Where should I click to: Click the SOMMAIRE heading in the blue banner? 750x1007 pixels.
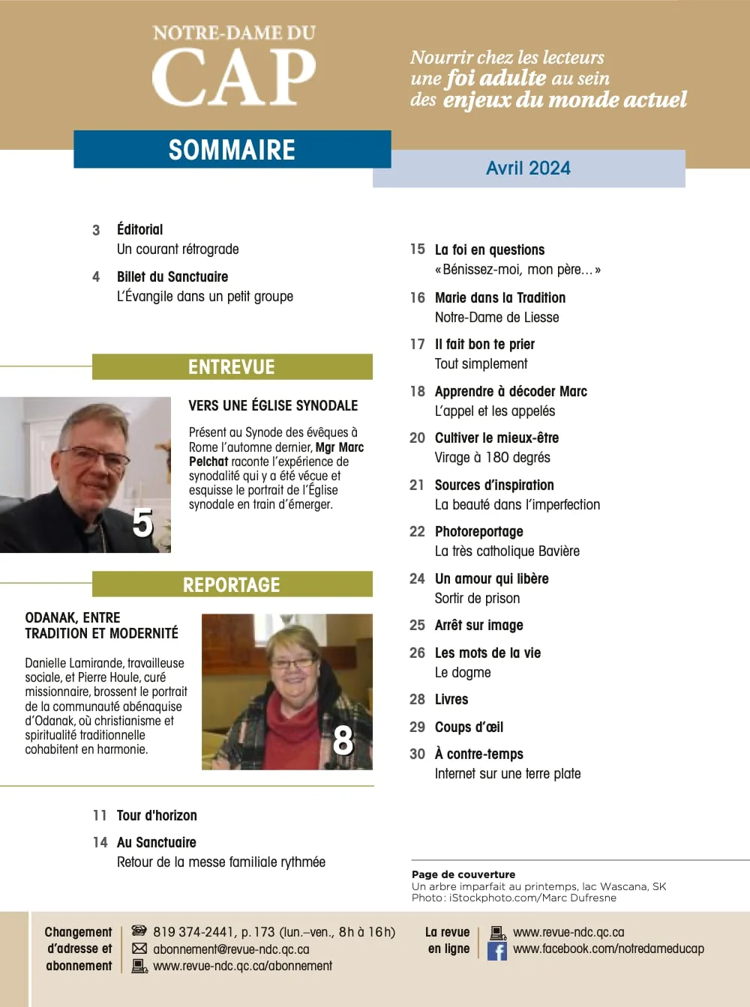pyautogui.click(x=232, y=150)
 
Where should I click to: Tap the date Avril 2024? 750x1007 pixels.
pyautogui.click(x=528, y=169)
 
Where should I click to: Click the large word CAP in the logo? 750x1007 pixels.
pyautogui.click(x=234, y=77)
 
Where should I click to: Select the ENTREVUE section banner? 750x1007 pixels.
pyautogui.click(x=232, y=367)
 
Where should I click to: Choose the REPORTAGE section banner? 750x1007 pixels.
pyautogui.click(x=232, y=585)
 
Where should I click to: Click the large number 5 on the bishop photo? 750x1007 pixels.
pyautogui.click(x=142, y=523)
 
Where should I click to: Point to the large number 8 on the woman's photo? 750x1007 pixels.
pyautogui.click(x=343, y=740)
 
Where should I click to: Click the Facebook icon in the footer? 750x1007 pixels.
pyautogui.click(x=496, y=951)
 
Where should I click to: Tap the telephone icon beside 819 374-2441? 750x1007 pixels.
pyautogui.click(x=139, y=931)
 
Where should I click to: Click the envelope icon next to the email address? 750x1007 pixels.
pyautogui.click(x=139, y=949)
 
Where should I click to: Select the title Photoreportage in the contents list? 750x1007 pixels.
pyautogui.click(x=478, y=532)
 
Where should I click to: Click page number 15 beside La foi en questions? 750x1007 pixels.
pyautogui.click(x=417, y=250)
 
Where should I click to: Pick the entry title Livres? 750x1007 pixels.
pyautogui.click(x=451, y=700)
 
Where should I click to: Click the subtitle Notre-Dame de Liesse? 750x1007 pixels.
pyautogui.click(x=496, y=318)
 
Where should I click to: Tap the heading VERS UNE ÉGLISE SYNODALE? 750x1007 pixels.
pyautogui.click(x=273, y=406)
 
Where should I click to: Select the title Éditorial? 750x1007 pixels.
pyautogui.click(x=139, y=230)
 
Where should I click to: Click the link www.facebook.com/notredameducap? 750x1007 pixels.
pyautogui.click(x=608, y=949)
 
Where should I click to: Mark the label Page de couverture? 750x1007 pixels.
pyautogui.click(x=463, y=874)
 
